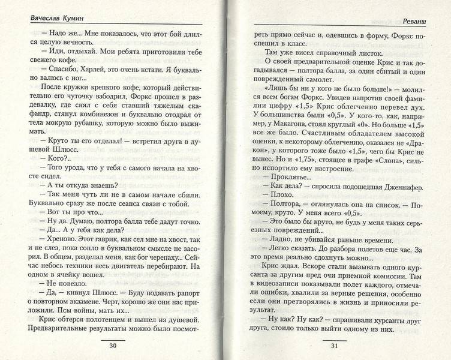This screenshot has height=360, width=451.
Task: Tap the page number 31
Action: point(335,346)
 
